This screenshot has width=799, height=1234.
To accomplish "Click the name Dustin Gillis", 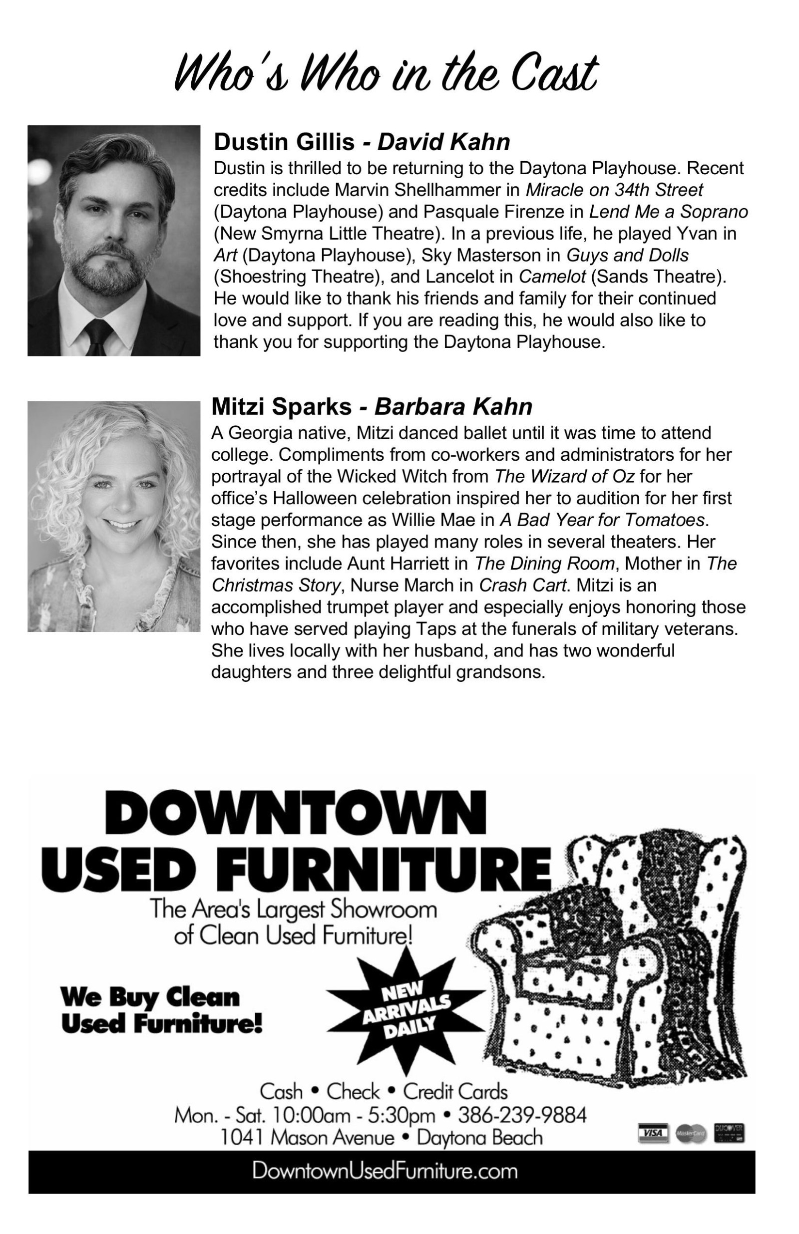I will coord(284,142).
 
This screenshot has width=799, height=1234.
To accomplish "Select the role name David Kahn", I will coord(443,142).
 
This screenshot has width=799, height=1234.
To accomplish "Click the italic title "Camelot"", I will coord(552,277).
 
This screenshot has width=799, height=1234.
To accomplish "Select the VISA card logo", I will coord(653,1134).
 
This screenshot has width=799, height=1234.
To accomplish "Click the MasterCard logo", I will coord(691,1135).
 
